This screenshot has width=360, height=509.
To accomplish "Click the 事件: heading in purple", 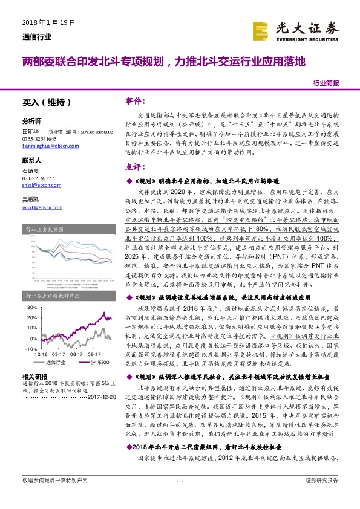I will (135, 100).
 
